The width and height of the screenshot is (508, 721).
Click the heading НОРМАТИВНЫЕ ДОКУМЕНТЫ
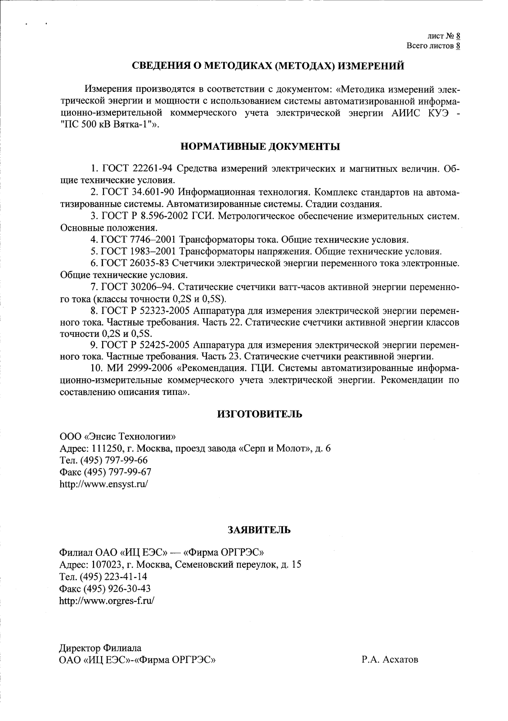click(260, 146)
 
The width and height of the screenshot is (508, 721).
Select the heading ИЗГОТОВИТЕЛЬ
click(260, 414)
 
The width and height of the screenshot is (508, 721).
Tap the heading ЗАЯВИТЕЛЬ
click(260, 530)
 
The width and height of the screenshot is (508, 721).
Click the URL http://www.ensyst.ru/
click(104, 484)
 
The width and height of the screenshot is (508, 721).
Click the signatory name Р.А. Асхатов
click(389, 660)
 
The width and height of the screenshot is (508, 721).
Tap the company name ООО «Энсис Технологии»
click(117, 436)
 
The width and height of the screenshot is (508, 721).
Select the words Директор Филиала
click(100, 648)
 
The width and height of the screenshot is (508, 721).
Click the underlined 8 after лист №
click(458, 36)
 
